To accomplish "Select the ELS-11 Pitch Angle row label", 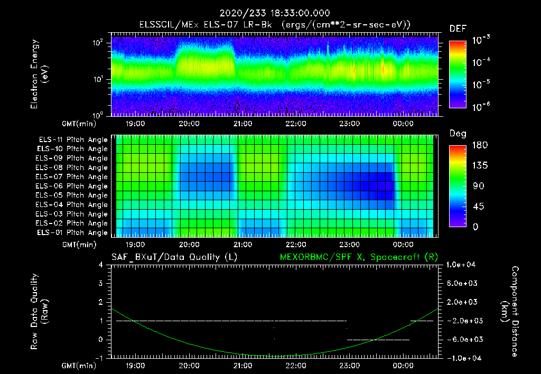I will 73,139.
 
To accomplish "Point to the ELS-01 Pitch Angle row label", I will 73,232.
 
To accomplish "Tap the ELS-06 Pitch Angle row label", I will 73,186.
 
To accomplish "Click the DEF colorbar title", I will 458,29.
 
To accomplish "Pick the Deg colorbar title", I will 458,134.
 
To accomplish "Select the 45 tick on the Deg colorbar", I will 476,206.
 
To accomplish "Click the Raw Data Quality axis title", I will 39,312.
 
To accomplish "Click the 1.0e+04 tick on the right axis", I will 462,265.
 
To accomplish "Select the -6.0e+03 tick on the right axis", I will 462,339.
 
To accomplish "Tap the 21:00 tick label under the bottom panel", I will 242,366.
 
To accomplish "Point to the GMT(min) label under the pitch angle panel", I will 78,245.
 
